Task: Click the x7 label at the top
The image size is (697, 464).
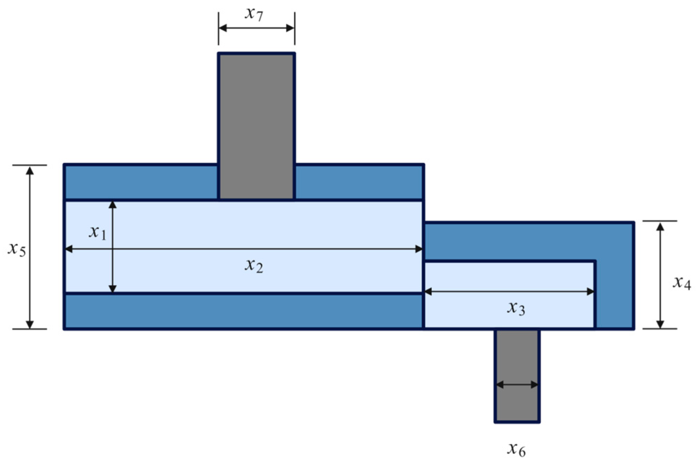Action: coord(254,14)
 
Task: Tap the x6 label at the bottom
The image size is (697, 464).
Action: coord(516,449)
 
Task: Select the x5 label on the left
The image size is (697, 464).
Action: coord(17,249)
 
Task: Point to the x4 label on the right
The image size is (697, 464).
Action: coord(681,283)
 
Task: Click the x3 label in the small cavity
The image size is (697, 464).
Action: coord(516,308)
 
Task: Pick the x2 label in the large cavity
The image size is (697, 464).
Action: coord(254,266)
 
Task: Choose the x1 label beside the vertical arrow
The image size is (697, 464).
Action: coord(97,232)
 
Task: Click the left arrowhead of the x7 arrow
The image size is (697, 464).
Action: coord(223,28)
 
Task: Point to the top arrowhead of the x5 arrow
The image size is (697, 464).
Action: coord(30,170)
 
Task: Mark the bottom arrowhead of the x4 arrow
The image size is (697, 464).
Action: coord(660,324)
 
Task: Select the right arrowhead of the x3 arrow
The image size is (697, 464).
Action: coord(590,292)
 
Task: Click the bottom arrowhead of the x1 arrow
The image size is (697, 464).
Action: coord(113,289)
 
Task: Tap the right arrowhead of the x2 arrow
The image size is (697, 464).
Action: coord(419,249)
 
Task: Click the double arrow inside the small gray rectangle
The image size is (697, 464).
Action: coord(517,385)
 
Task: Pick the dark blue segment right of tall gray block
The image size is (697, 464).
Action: coord(359,182)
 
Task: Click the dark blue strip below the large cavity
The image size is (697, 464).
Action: coord(243,311)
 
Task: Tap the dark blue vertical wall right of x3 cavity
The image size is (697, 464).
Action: coord(614,295)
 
